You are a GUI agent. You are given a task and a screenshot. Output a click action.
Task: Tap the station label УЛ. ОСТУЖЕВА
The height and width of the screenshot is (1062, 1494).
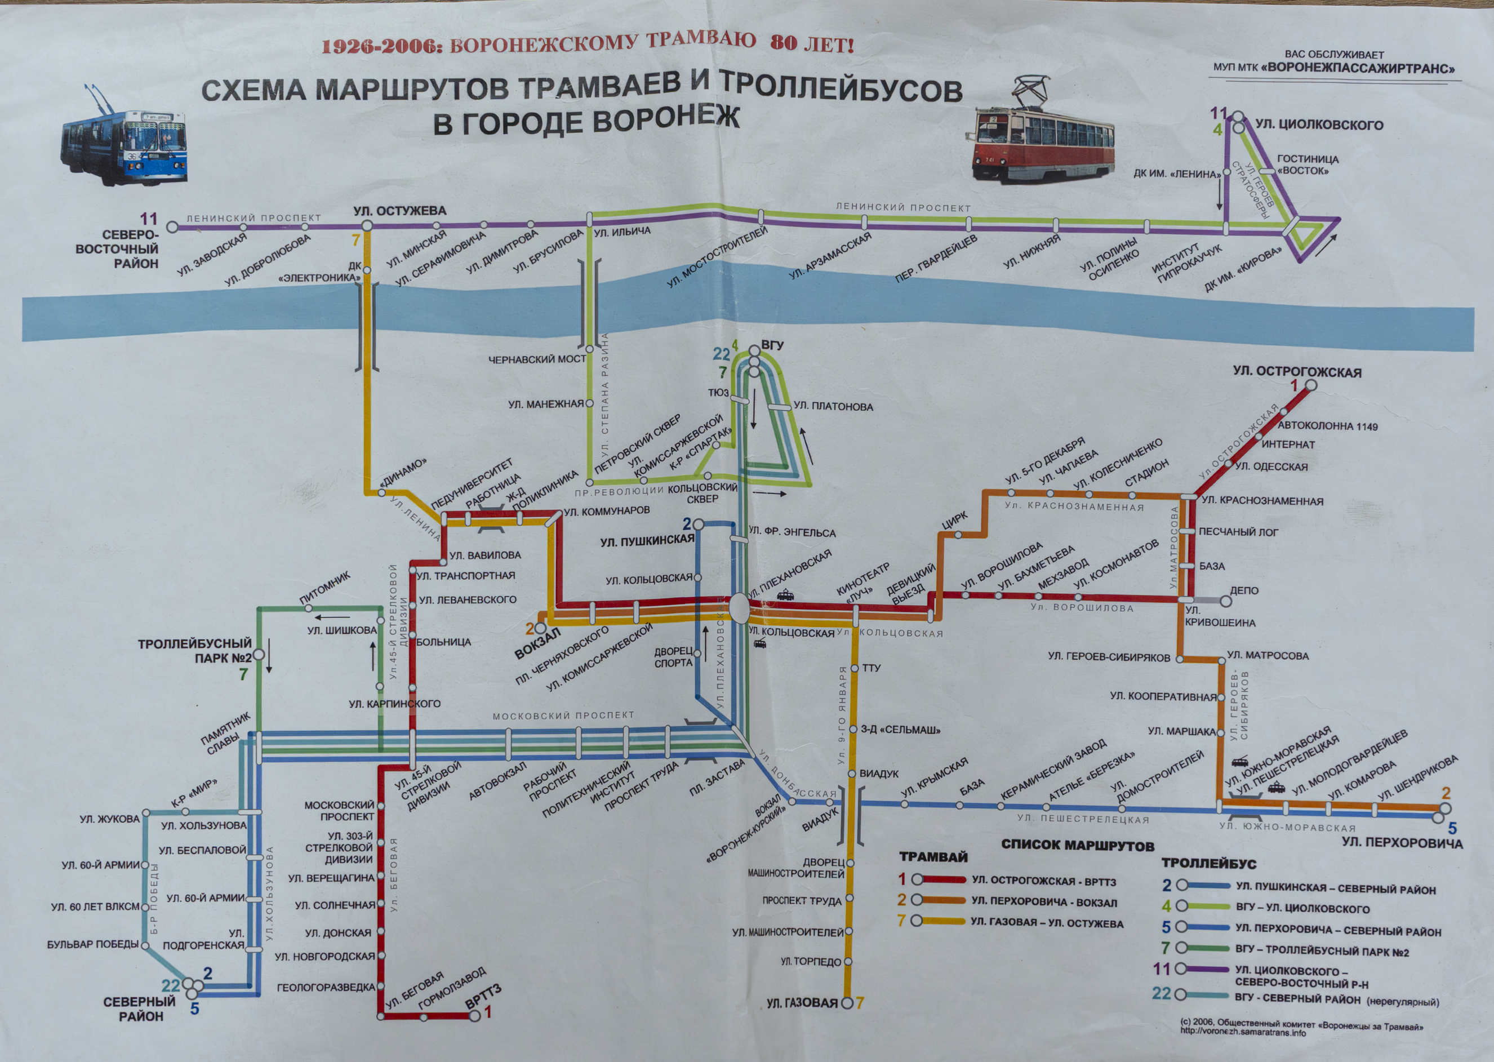(x=399, y=211)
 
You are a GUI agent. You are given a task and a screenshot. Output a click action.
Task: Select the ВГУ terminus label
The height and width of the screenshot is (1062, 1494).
(x=772, y=345)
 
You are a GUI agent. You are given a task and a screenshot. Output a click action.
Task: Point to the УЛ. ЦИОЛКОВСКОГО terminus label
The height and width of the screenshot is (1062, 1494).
(x=1319, y=125)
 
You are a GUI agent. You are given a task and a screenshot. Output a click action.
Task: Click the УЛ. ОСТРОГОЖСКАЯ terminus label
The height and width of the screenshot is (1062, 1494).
(x=1297, y=371)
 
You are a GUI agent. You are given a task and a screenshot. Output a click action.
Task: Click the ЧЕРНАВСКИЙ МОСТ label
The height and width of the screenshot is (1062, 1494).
(x=537, y=359)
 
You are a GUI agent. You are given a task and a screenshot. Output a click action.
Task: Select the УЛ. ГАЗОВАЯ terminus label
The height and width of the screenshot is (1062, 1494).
(x=802, y=1002)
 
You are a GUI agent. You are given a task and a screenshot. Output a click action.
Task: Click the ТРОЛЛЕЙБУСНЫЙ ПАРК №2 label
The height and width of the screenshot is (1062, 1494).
(x=195, y=651)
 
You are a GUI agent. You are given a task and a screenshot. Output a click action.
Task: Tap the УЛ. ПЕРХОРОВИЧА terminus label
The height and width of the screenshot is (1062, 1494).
(x=1402, y=842)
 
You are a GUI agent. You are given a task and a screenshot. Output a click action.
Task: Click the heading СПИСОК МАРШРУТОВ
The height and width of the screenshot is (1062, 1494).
(x=1078, y=845)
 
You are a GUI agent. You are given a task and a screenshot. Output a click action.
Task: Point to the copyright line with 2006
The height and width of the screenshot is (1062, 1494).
(x=1301, y=1027)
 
